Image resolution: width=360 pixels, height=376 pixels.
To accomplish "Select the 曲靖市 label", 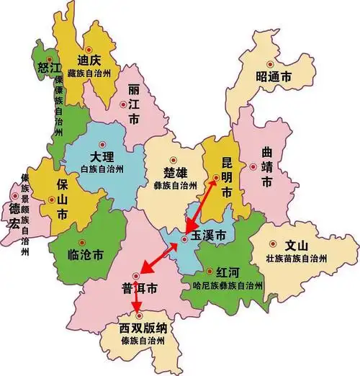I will (266, 167).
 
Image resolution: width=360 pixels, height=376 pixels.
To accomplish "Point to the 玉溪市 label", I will (208, 236).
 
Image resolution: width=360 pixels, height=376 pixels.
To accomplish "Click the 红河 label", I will (229, 272).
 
